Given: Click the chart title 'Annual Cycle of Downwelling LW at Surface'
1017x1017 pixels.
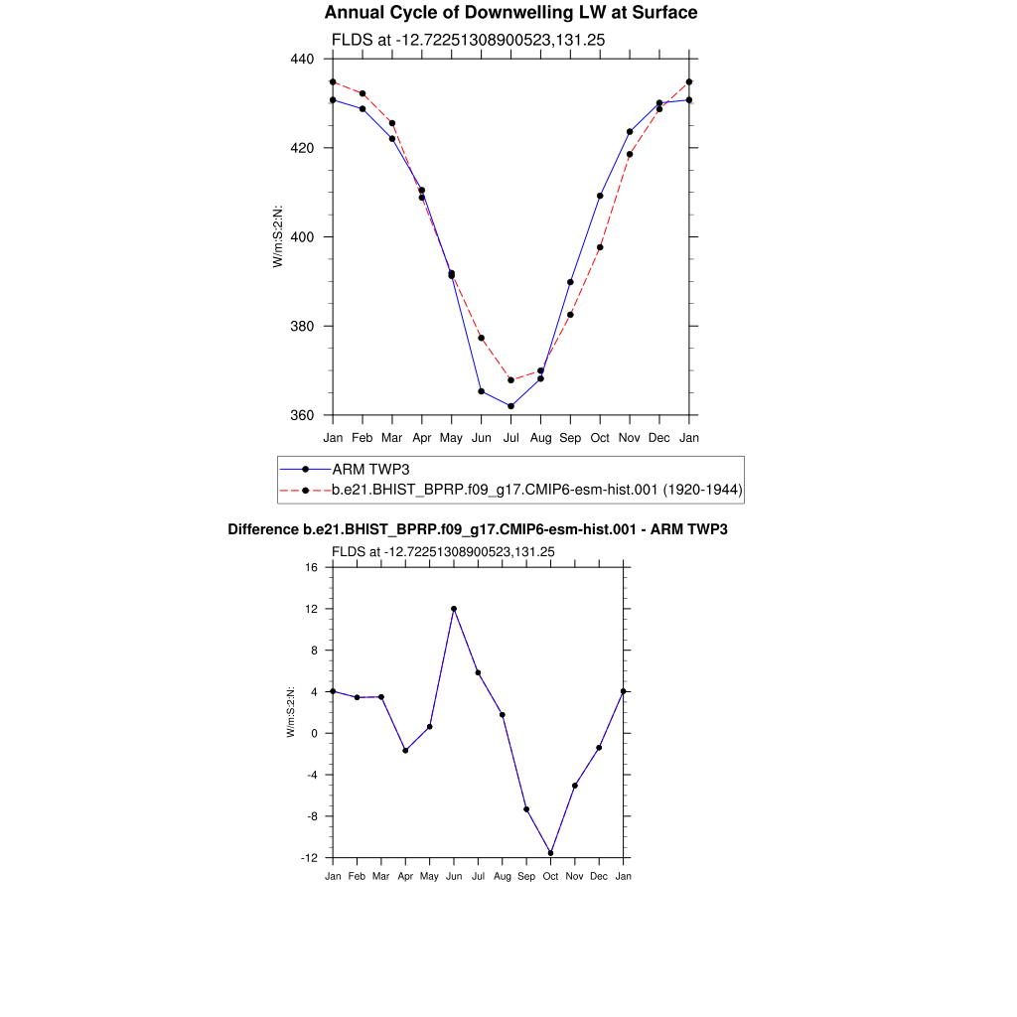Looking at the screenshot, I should click(510, 13).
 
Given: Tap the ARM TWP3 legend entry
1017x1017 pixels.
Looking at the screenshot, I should click(370, 469).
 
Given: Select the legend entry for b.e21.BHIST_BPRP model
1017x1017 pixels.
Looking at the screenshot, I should click(537, 490).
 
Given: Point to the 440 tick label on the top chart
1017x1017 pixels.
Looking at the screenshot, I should click(302, 60).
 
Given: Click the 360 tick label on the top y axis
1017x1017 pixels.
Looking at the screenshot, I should click(302, 416).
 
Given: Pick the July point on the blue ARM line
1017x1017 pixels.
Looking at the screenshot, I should click(510, 406).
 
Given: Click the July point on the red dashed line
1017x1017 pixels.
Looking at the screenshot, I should click(510, 380).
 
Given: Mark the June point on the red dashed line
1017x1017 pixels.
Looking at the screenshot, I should click(481, 338).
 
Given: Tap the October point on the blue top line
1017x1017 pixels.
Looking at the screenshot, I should click(600, 196).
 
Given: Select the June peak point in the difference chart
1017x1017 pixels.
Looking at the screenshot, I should click(454, 609).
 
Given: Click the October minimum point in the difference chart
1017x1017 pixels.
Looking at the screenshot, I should click(550, 853).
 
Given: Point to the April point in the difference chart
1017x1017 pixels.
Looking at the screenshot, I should click(405, 750).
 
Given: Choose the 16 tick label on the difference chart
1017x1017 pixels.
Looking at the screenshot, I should click(311, 568).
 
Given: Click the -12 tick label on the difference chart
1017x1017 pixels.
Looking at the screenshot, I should click(309, 858).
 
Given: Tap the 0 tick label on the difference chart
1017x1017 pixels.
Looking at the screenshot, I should click(314, 734).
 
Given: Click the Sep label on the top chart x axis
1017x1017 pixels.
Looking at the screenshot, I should click(570, 437).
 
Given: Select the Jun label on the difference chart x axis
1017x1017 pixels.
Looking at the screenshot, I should click(454, 877).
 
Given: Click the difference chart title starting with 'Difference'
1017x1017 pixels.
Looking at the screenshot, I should click(478, 530).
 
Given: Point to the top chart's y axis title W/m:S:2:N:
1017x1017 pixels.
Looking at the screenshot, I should click(278, 236).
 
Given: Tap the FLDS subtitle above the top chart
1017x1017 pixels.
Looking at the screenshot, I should click(468, 40).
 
